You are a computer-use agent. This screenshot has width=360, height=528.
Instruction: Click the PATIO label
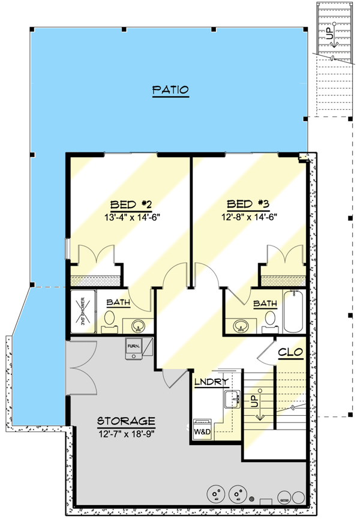tap(170, 91)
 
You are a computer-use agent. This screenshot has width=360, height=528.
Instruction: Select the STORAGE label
tap(127, 421)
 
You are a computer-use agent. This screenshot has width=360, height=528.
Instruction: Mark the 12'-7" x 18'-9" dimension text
tap(127, 433)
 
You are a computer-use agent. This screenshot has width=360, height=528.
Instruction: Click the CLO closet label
tap(290, 352)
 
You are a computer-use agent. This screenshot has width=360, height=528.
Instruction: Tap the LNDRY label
tap(210, 382)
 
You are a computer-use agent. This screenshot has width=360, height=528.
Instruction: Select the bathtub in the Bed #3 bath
tap(293, 312)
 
